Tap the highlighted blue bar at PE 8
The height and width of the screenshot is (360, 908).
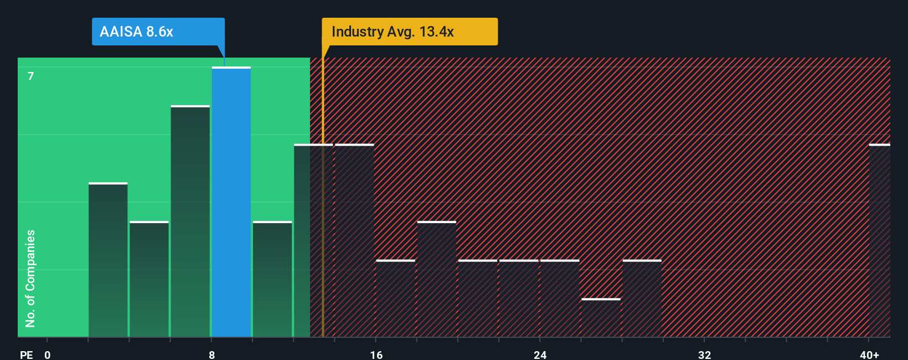coord(231,202)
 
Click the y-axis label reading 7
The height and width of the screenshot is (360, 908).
coord(31,76)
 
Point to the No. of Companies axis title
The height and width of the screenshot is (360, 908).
coord(30,278)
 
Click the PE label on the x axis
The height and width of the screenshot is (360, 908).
coord(26,354)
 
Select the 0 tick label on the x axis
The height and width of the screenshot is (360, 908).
coord(48,354)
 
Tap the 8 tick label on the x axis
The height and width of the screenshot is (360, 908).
coord(211,354)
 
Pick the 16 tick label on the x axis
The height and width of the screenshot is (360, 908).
coord(376,354)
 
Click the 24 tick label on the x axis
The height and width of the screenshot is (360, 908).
coord(540,354)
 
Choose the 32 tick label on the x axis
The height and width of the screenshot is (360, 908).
coord(704,354)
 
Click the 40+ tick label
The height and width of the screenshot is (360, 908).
coord(869,354)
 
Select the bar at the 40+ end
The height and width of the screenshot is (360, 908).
coord(879,241)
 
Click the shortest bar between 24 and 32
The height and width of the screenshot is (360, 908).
coord(601,318)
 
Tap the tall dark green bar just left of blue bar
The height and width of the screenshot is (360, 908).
coord(190,222)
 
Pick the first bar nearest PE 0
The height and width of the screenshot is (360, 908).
coord(108,260)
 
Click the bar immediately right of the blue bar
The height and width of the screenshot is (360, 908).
coord(272,280)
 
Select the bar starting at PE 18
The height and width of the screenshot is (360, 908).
coord(437,280)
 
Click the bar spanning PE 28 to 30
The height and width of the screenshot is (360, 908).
coord(642,299)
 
